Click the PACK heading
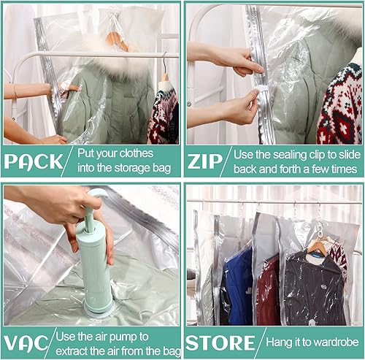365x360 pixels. (x=35, y=161)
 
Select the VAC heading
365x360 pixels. (x=28, y=342)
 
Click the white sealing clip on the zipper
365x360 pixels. (x=254, y=96)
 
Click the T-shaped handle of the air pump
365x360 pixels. (x=96, y=196)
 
